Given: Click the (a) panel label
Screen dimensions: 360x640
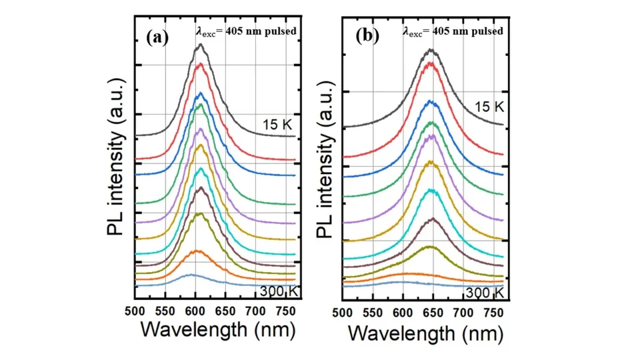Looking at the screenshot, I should tap(158, 37).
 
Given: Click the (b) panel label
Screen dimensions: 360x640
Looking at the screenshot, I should tap(367, 36).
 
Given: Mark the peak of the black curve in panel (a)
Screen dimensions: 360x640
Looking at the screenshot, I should tap(201, 45).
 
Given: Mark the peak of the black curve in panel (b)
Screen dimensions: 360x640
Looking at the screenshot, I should tap(431, 49).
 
